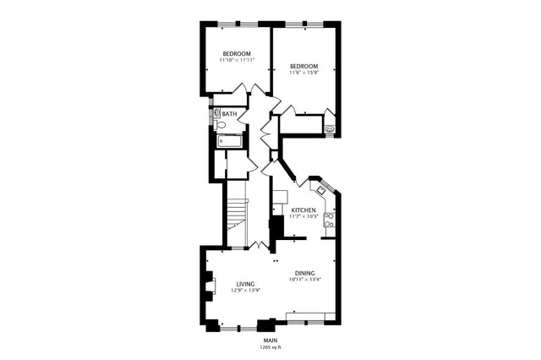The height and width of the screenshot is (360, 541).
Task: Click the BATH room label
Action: pyautogui.click(x=230, y=113)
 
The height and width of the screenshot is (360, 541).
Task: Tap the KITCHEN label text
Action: pyautogui.click(x=303, y=210)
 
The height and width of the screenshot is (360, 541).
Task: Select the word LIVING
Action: pyautogui.click(x=246, y=284)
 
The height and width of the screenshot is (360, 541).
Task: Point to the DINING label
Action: pyautogui.click(x=305, y=273)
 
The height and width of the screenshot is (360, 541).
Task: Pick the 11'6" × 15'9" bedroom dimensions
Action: pyautogui.click(x=303, y=74)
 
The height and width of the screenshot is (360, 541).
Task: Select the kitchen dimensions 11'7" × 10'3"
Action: pyautogui.click(x=303, y=216)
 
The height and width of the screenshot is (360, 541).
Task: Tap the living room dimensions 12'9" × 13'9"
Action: pyautogui.click(x=246, y=291)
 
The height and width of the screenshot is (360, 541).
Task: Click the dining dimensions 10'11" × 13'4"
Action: pyautogui.click(x=305, y=280)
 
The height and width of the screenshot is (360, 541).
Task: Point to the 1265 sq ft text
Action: pyautogui.click(x=270, y=347)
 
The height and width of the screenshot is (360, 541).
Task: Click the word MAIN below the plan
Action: pyautogui.click(x=270, y=341)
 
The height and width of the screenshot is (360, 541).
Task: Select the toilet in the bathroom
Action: pyautogui.click(x=219, y=125)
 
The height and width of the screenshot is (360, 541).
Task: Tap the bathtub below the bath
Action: pyautogui.click(x=229, y=141)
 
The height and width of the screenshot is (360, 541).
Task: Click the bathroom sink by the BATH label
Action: pyautogui.click(x=217, y=112)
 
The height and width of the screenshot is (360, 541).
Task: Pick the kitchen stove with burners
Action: pyautogui.click(x=329, y=220)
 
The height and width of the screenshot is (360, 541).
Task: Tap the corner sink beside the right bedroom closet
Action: pyautogui.click(x=329, y=130)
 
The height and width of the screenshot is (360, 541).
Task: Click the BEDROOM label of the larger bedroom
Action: pyautogui.click(x=303, y=67)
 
